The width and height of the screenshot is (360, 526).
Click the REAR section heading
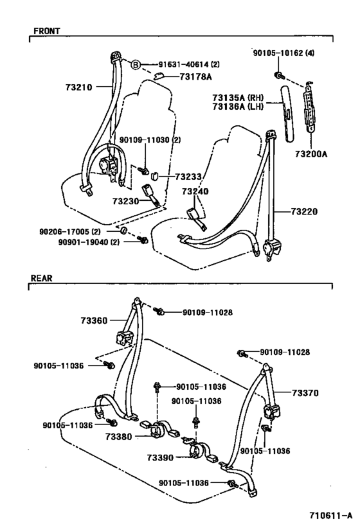pos(41,278)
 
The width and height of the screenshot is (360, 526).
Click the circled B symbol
pos(136,65)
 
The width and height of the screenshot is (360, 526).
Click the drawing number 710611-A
pos(329,514)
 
